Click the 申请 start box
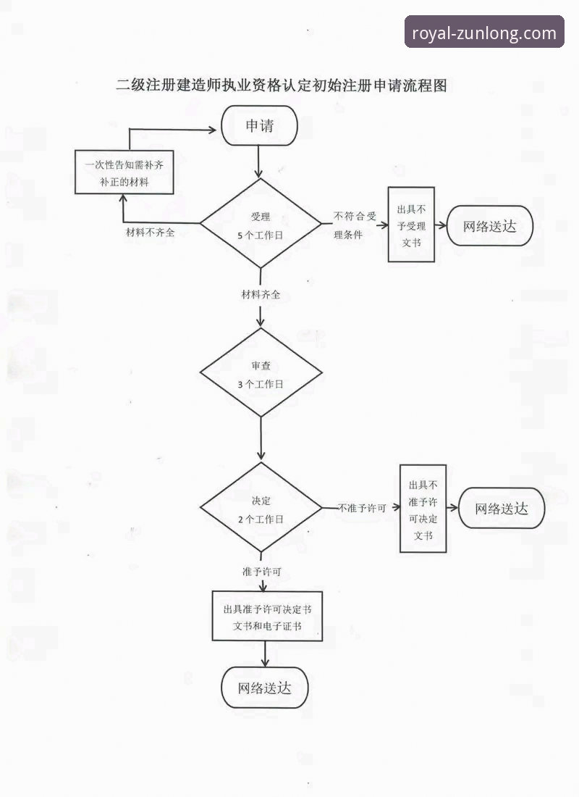tap(260, 126)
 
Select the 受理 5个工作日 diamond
tap(260, 225)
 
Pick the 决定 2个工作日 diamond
tap(260, 509)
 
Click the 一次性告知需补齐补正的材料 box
tap(124, 172)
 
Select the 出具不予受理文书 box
tap(411, 225)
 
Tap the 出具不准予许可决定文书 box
tap(423, 508)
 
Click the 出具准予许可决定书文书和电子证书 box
tap(266, 615)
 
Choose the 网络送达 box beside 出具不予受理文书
tap(491, 226)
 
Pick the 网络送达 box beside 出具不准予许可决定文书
tap(502, 508)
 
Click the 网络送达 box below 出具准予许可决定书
tap(265, 688)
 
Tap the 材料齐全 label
tap(261, 295)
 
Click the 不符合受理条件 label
tap(355, 225)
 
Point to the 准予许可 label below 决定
tap(261, 572)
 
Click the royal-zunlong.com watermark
tap(484, 33)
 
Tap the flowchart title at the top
tap(282, 85)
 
